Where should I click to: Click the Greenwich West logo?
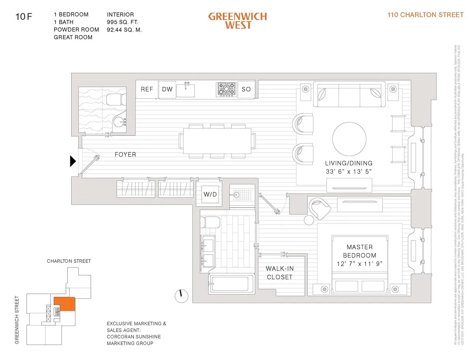tap(237, 21)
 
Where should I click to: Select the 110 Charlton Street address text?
tap(426, 15)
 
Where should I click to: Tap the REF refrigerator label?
tap(147, 89)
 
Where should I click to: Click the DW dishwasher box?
tap(167, 89)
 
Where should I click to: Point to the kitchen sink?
tap(187, 90)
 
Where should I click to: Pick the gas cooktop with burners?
tap(226, 90)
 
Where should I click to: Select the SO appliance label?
tap(246, 89)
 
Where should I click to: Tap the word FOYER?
tap(125, 155)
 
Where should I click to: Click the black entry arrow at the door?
tap(73, 161)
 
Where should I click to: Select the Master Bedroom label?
tap(359, 251)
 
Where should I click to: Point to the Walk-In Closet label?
tap(279, 273)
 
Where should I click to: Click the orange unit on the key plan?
tap(64, 304)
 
